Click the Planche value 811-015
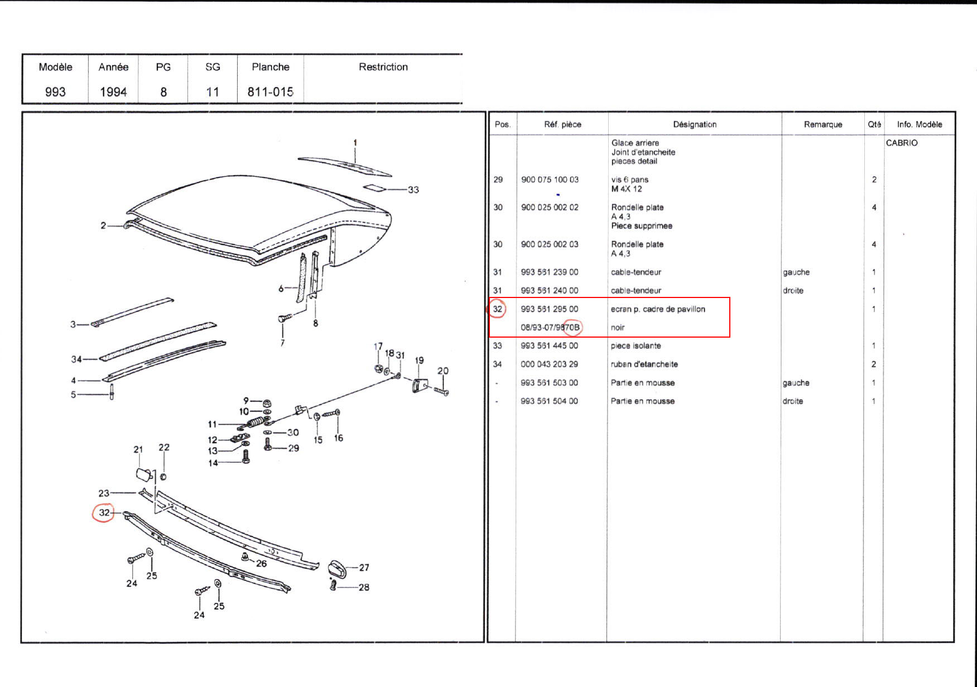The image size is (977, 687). tap(271, 92)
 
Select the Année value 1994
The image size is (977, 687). tap(113, 92)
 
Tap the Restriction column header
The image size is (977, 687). tap(383, 67)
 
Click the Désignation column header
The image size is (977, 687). tap(695, 124)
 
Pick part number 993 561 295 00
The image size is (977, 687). tap(550, 309)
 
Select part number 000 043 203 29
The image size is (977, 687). tap(550, 364)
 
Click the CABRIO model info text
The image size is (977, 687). tap(902, 143)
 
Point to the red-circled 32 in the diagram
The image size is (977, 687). tap(104, 513)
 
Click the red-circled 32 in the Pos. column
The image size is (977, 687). tap(498, 309)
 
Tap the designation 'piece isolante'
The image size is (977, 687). tap(636, 346)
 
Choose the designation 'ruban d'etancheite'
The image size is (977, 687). tap(644, 364)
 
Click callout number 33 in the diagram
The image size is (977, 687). tap(413, 190)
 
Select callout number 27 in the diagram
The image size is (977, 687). tap(364, 568)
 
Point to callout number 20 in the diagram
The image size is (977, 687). tap(442, 371)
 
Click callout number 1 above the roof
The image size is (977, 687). tap(355, 143)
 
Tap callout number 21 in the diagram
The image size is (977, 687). tap(138, 450)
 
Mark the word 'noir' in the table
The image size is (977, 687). tap(618, 328)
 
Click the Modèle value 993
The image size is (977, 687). tap(55, 92)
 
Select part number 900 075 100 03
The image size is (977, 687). tap(550, 180)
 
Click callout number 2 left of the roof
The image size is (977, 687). tap(103, 225)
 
